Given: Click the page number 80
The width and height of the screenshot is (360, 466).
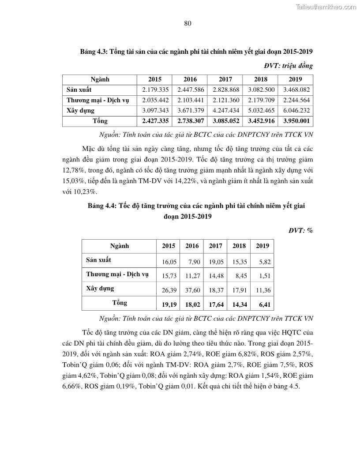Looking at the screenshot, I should (187, 24).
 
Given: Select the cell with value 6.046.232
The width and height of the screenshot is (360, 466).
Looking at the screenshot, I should (295, 110).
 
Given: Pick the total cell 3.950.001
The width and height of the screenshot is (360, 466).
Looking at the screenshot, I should (295, 120).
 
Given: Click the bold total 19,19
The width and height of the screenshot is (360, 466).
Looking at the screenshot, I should (169, 305).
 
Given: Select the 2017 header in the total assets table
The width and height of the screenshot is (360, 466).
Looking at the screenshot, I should (225, 79).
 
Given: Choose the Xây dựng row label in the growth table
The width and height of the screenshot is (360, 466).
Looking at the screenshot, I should (100, 288).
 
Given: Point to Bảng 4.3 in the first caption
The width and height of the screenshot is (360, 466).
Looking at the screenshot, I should (93, 52).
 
